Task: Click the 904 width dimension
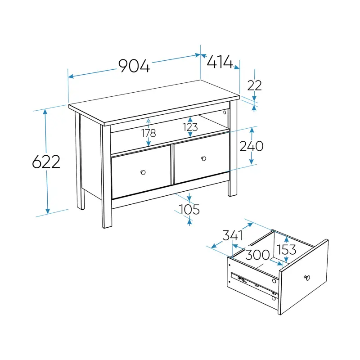134,66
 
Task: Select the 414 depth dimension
220,62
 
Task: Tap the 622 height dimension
46,162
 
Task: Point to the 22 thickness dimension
254,85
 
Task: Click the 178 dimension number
148,133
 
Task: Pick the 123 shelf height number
190,127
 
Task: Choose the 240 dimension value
252,146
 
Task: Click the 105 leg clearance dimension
189,210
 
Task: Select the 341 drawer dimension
233,235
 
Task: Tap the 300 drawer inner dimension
257,255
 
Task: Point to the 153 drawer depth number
286,250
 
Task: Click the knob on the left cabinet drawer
143,172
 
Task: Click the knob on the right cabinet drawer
204,159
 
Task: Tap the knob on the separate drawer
307,278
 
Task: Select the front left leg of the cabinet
106,177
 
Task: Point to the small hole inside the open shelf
225,112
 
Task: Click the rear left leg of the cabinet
79,161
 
